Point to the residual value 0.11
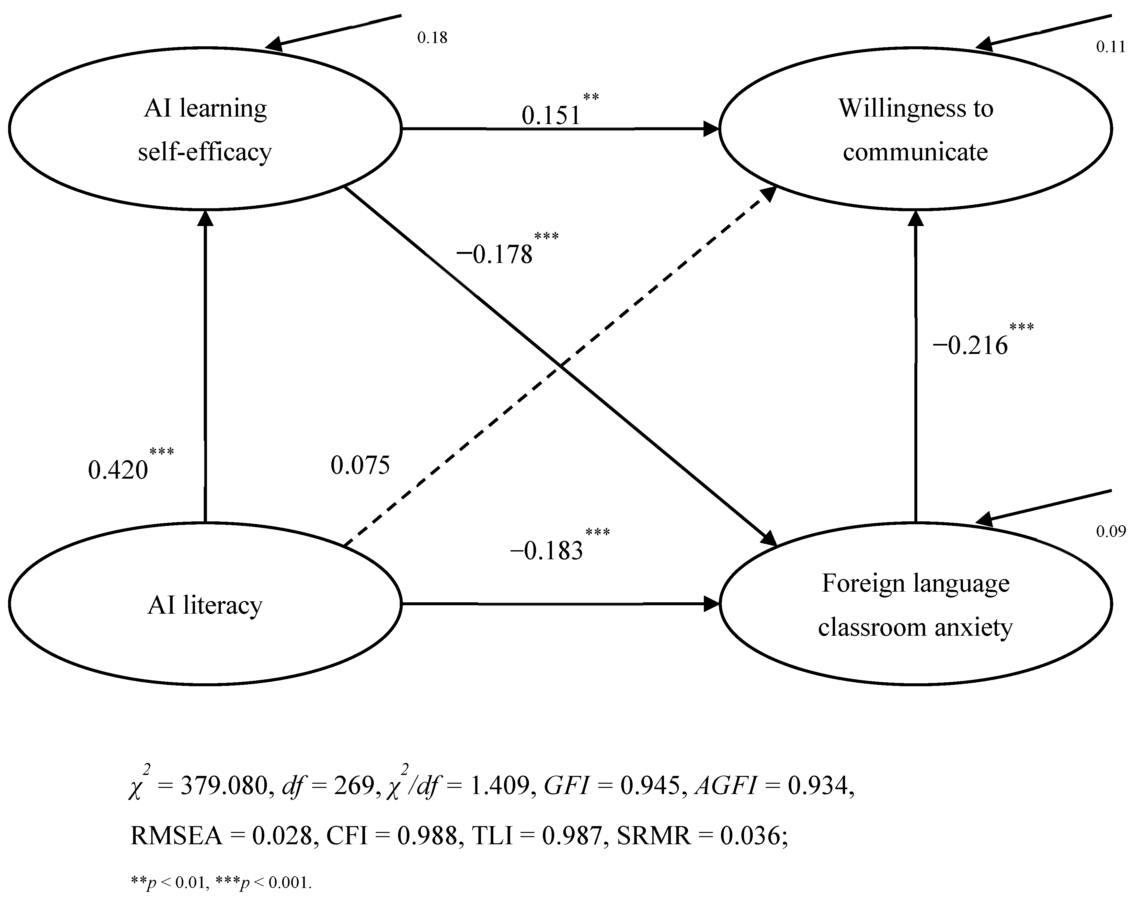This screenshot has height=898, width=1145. tap(1110, 47)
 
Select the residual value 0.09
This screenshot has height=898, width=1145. tap(1111, 531)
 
